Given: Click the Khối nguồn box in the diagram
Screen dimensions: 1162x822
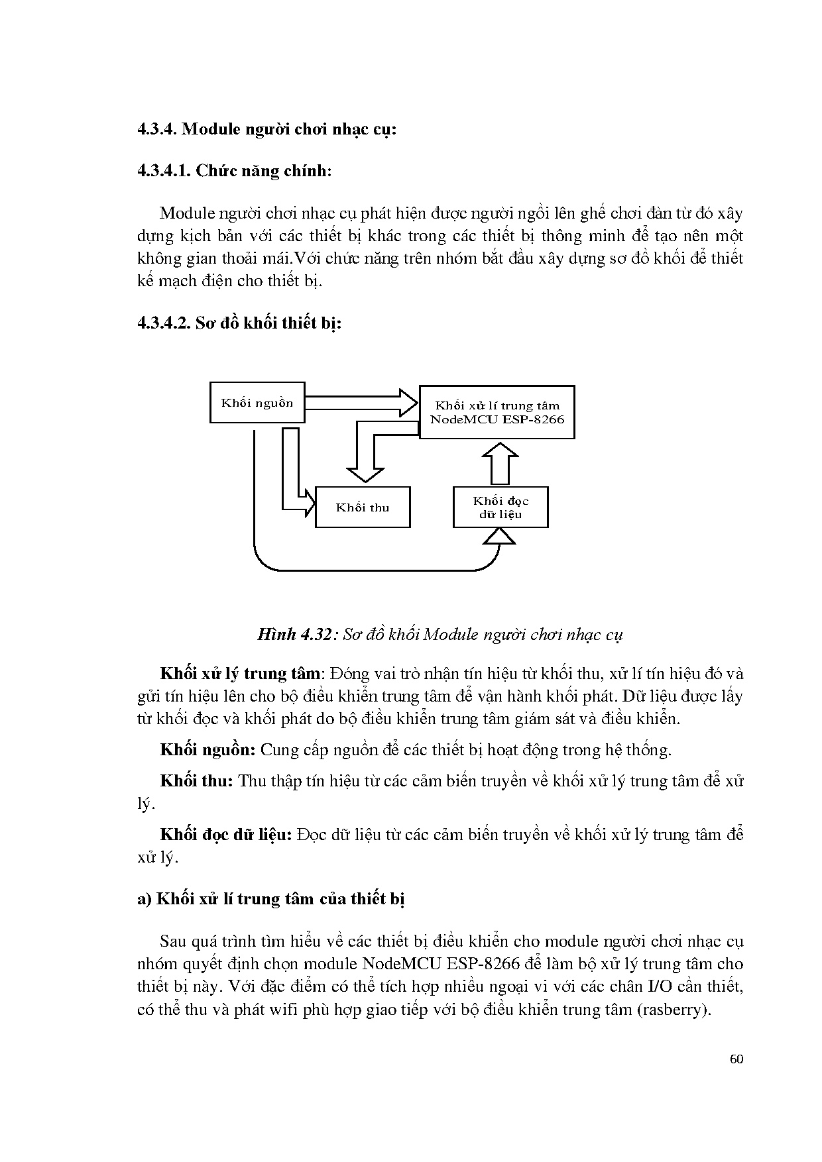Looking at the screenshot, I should pyautogui.click(x=257, y=402).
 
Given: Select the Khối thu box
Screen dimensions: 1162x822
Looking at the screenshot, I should pyautogui.click(x=362, y=507).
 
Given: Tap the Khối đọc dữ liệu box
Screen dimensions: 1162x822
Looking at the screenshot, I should pyautogui.click(x=500, y=507).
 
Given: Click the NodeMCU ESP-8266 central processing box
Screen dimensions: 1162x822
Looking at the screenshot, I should pyautogui.click(x=497, y=412).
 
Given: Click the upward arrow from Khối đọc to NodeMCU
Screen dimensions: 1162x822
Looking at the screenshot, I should pyautogui.click(x=500, y=464).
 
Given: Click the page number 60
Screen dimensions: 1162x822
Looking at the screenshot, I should pyautogui.click(x=736, y=1059).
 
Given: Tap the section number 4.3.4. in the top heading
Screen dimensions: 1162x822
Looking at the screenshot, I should pyautogui.click(x=157, y=129).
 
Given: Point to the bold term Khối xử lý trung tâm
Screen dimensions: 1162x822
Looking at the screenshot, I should pyautogui.click(x=241, y=674).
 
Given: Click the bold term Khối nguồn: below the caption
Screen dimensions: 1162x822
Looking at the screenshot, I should pyautogui.click(x=208, y=750).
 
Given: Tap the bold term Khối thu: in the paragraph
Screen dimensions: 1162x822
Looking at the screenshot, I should pyautogui.click(x=197, y=780).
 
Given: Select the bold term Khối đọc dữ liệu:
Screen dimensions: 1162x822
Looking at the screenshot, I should pyautogui.click(x=226, y=834).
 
